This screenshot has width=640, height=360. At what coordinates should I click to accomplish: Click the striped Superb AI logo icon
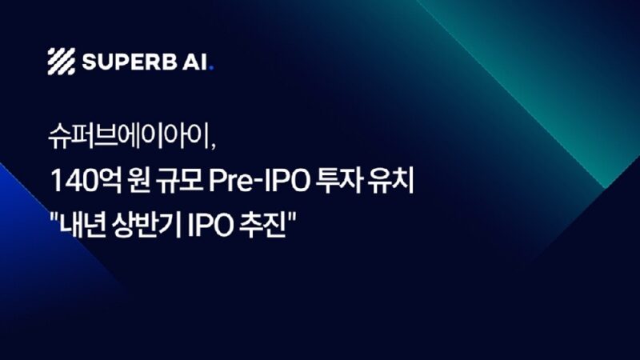click(x=61, y=61)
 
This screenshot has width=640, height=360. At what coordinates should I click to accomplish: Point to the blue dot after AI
click(x=210, y=68)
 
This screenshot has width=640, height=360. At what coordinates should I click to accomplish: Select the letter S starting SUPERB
click(x=88, y=62)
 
